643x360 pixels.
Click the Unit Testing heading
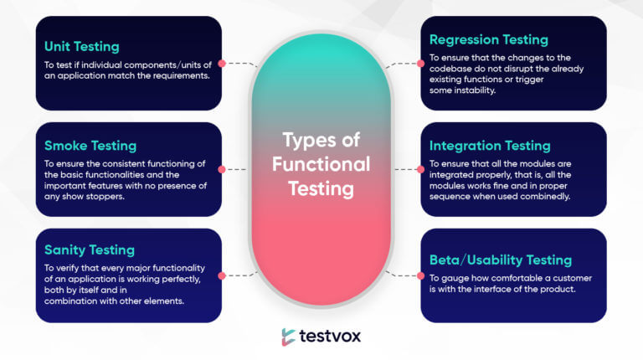[x=82, y=47]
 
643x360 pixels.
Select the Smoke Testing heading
[x=90, y=146]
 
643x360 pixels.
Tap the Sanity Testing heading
[x=90, y=250]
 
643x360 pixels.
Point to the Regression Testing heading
[x=489, y=40]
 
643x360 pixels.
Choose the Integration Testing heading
[x=490, y=146]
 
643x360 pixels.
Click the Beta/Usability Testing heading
[x=501, y=260]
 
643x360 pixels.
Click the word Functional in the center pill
[x=321, y=164]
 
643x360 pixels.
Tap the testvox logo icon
[x=288, y=337]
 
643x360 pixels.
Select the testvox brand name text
[x=330, y=337]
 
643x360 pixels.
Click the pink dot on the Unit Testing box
[x=222, y=63]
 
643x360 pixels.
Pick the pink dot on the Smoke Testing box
[x=222, y=169]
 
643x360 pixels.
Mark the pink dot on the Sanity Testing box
[x=222, y=275]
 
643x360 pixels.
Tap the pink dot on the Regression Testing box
[x=421, y=63]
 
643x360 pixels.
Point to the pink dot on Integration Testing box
[x=421, y=169]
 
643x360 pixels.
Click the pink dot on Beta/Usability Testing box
[x=421, y=275]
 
